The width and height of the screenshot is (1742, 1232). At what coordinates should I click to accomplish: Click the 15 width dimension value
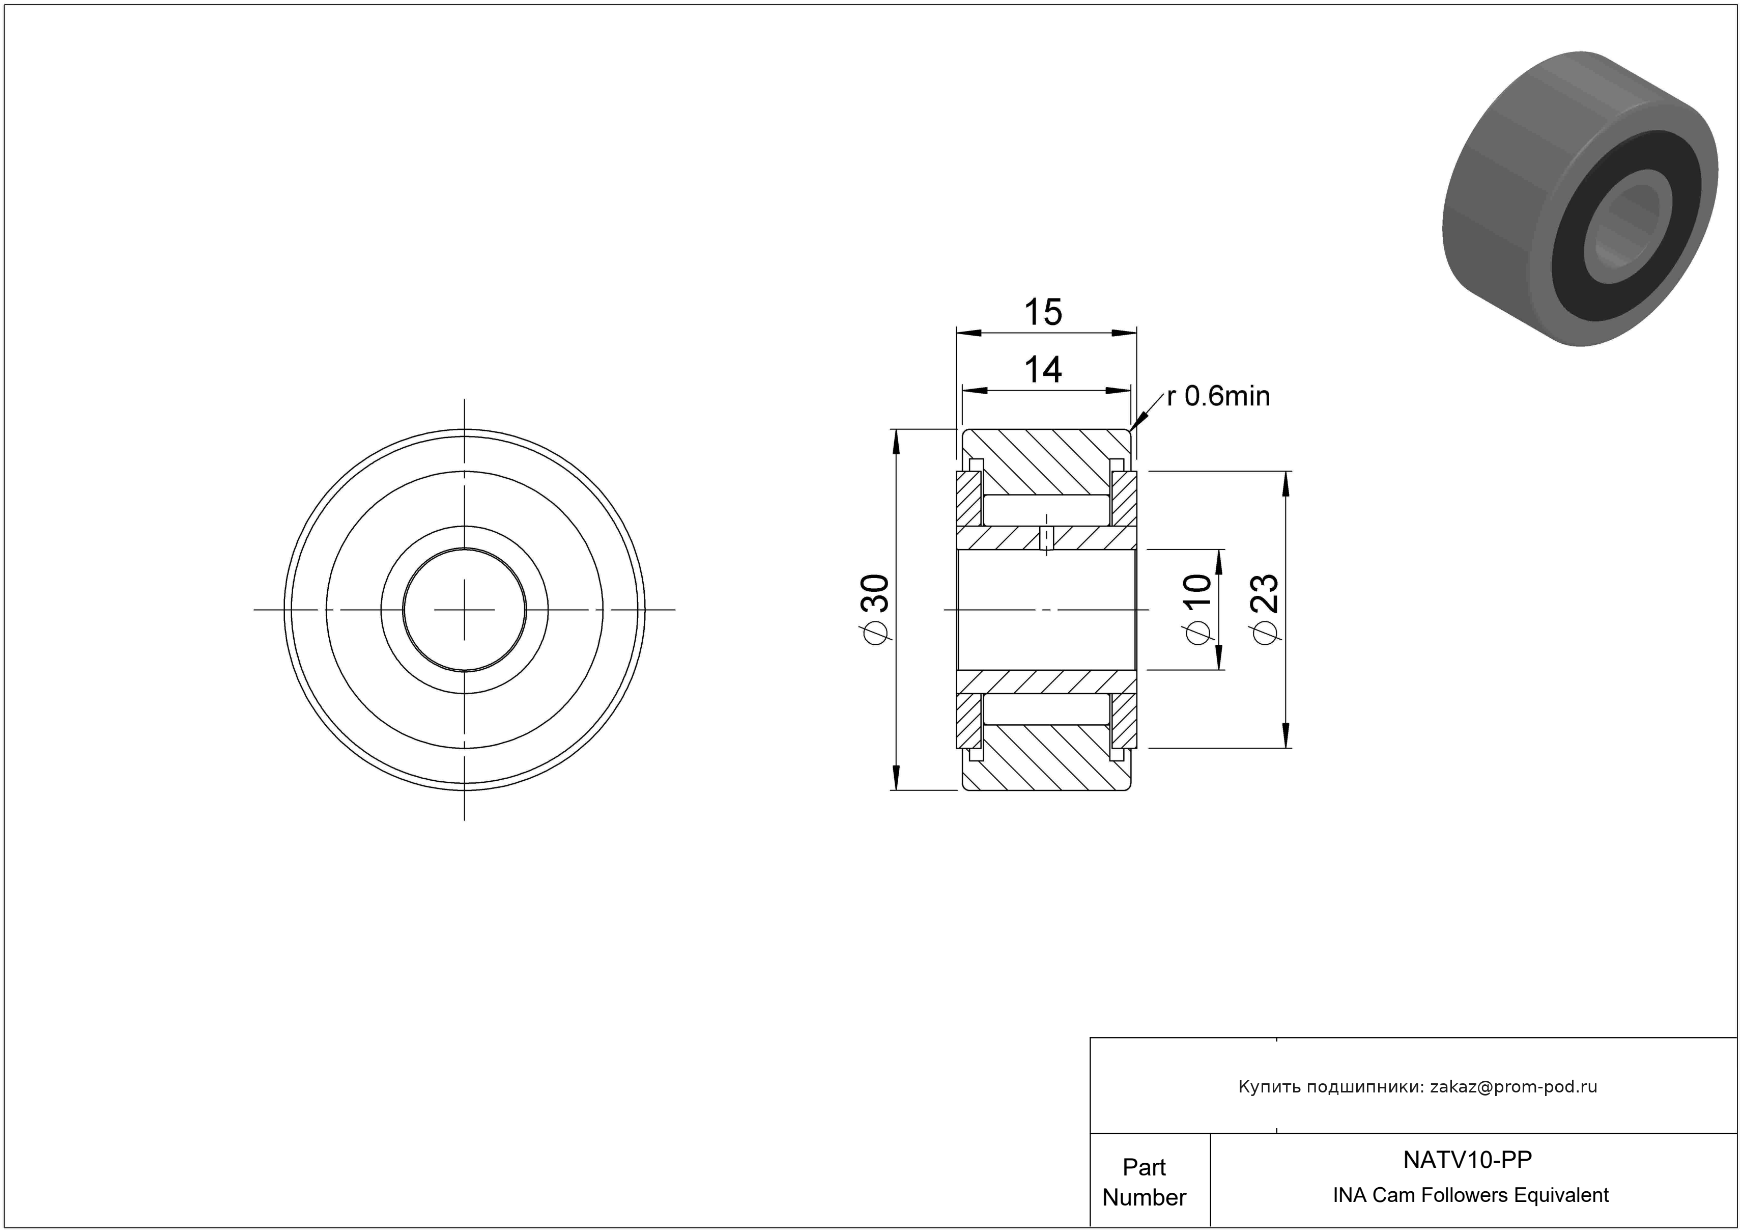[x=1043, y=312]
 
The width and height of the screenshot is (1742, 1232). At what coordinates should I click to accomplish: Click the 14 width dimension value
[x=1043, y=370]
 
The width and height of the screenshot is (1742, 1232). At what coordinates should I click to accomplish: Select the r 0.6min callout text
[x=1218, y=396]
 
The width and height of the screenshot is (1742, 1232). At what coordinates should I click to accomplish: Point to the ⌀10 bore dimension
[x=1198, y=610]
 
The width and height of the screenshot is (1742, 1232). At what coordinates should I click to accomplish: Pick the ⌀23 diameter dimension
[x=1265, y=610]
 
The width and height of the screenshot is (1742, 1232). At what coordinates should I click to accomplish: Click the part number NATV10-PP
[x=1467, y=1159]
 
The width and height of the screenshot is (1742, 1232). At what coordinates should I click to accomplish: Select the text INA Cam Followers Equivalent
[x=1470, y=1195]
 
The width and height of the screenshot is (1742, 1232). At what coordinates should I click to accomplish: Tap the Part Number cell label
[x=1144, y=1182]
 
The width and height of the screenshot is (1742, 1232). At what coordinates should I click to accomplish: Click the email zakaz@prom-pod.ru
[x=1513, y=1087]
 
